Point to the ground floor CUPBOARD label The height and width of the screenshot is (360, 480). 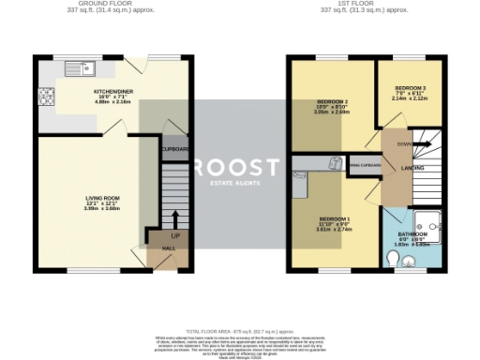tap(175, 149)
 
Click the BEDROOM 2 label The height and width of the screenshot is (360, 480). tap(333, 101)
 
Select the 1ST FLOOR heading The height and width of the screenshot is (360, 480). tap(348, 4)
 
